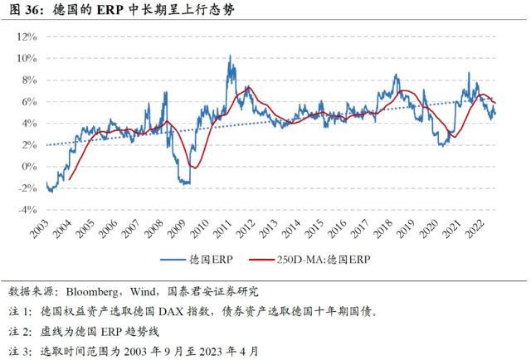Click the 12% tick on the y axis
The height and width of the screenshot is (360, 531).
(27, 36)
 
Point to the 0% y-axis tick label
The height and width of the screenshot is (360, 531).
(30, 166)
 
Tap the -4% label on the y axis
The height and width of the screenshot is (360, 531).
(27, 209)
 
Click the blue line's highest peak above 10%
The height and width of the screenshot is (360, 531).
(229, 56)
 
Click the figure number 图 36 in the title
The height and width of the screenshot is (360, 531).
(25, 11)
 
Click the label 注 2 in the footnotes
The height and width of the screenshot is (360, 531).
(19, 332)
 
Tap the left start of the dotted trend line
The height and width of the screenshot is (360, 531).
(46, 144)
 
